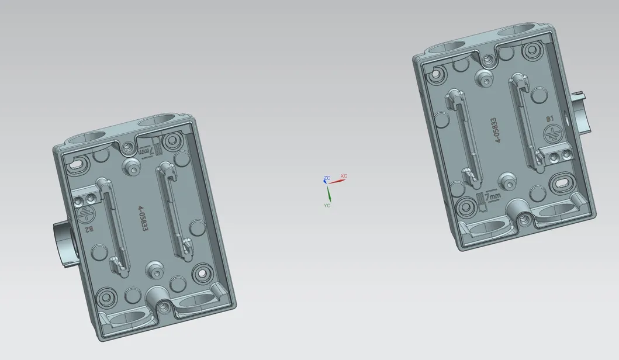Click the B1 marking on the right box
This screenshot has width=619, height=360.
click(549, 119)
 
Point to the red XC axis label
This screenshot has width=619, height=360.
click(344, 176)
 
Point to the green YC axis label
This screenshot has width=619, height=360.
click(327, 206)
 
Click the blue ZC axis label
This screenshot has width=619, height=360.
click(327, 176)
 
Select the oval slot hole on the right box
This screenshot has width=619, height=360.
click(562, 183)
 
